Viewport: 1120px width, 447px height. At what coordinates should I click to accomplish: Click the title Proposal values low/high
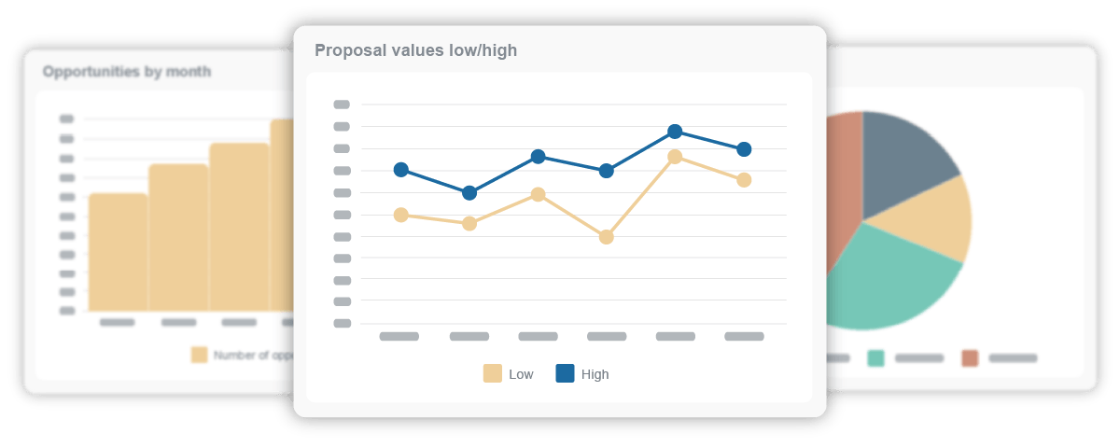coord(415,50)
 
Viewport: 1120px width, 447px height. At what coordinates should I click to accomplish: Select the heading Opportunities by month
coord(127,71)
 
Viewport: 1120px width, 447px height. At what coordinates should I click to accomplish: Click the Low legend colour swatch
coord(493,374)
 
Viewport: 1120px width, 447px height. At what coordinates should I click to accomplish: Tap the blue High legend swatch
coord(566,374)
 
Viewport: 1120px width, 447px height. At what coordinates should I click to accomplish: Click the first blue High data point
coord(401,170)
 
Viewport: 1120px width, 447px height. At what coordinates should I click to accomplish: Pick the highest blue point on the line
coord(675,132)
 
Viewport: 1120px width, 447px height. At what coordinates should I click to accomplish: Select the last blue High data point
coord(744,149)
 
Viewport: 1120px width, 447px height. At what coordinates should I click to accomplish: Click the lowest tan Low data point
coord(607,237)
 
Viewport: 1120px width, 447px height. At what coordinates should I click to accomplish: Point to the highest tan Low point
coord(675,157)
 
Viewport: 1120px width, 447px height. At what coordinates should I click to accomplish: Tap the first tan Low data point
coord(401,215)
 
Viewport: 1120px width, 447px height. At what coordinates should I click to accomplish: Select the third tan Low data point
coord(539,194)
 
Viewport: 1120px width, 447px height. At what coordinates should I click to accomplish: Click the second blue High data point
coord(469,193)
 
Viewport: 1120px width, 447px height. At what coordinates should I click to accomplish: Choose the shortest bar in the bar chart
coord(118,252)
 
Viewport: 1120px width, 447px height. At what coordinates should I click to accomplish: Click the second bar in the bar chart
coord(178,237)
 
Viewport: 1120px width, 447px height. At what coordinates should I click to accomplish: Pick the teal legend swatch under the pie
coord(875,358)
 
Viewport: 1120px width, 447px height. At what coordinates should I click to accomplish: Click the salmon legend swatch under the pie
coord(971,358)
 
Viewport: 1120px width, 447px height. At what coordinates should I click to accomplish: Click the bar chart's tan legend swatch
coord(200,355)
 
